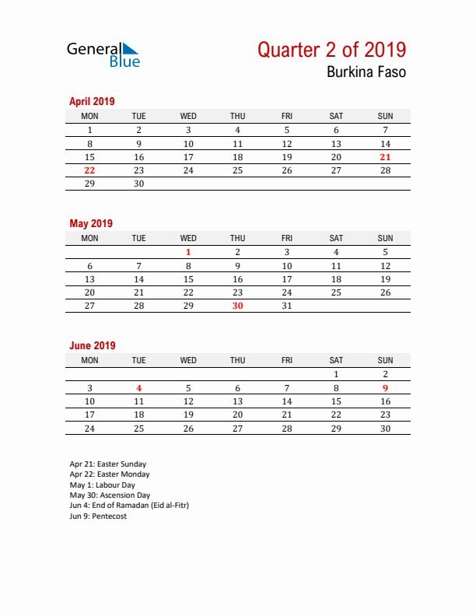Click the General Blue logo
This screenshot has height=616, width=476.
pos(103,54)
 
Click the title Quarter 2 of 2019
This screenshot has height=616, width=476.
pos(331,50)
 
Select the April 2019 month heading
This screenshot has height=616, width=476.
pos(92,101)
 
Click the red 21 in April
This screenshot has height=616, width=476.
pos(385,157)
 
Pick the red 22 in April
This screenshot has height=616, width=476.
pos(89,170)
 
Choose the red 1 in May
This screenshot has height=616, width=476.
pos(188,252)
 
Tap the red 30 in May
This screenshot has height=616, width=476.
pos(237,306)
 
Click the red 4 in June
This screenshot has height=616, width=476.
pos(138,387)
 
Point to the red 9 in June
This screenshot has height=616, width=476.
pos(385,387)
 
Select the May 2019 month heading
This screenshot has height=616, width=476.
pos(91,223)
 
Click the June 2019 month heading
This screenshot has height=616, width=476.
pos(93,345)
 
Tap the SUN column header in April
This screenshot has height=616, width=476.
pos(385,116)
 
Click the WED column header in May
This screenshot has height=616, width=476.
pos(188,238)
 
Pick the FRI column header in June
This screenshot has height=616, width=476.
pos(286,360)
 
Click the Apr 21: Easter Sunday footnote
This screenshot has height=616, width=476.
pos(107,464)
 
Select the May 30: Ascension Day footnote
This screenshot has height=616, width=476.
pos(110,495)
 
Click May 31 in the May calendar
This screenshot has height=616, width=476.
pos(286,306)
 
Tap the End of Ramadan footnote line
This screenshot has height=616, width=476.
pos(128,505)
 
